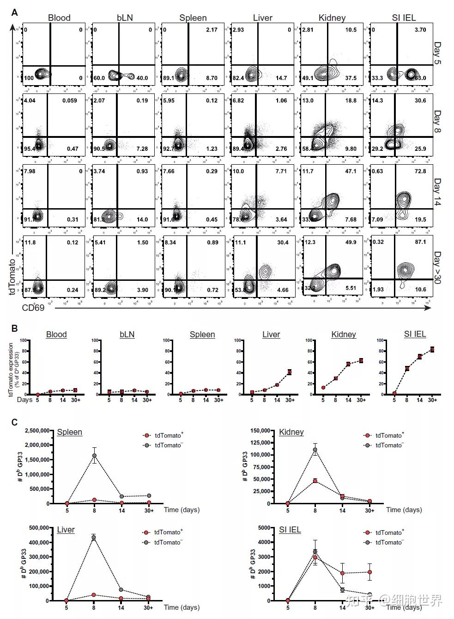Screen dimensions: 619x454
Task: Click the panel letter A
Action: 15,12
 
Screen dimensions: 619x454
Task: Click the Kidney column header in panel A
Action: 332,18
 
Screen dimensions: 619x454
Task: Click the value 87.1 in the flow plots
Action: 420,242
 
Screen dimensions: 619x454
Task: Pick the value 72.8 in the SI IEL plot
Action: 420,172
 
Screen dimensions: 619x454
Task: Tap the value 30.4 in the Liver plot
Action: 282,242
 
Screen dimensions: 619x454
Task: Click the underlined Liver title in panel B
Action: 271,334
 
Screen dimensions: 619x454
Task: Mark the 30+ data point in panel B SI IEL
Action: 432,349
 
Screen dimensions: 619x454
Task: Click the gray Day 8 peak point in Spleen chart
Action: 94,456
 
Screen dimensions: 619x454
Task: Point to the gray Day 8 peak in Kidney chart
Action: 315,450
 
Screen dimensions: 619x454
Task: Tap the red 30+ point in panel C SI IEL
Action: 369,572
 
